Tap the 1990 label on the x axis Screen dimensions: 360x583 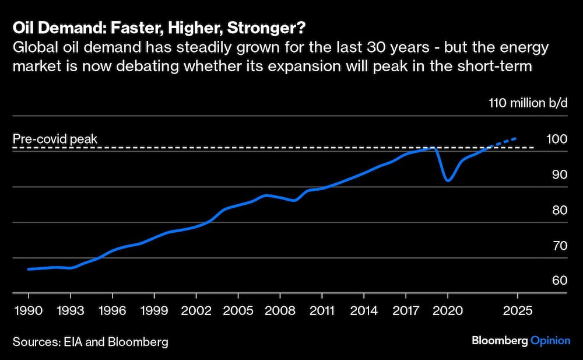(x=29, y=310)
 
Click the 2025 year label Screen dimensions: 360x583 (x=518, y=310)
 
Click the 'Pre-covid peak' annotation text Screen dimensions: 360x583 (x=55, y=139)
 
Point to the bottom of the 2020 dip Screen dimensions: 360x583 (x=448, y=180)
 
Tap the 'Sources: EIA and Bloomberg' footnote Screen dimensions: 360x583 (x=90, y=342)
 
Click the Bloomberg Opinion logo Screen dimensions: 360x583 (x=521, y=341)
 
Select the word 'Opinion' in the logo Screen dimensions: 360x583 (x=550, y=341)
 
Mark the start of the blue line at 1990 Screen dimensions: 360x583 (x=29, y=269)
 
